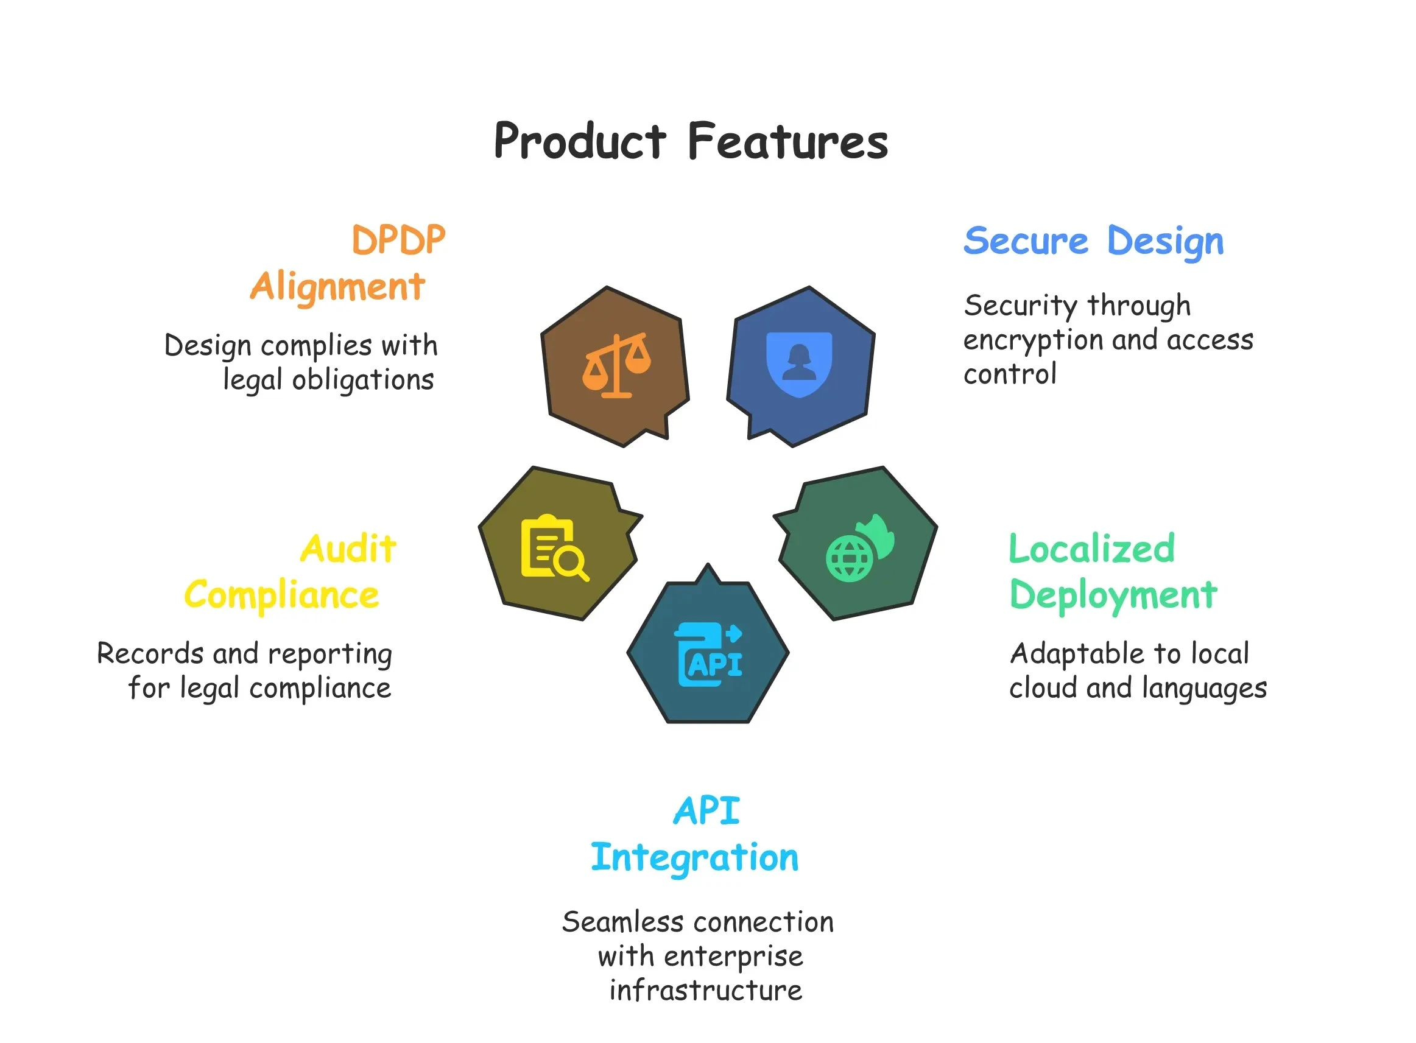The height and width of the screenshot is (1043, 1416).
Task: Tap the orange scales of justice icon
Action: (x=616, y=365)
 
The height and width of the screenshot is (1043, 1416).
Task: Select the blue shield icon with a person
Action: (x=798, y=364)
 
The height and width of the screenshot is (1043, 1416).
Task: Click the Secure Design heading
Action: (x=1093, y=242)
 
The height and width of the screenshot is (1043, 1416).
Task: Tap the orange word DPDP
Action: (x=398, y=240)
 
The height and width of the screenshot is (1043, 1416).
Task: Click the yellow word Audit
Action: (x=348, y=548)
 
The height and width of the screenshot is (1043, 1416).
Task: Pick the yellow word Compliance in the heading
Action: (x=282, y=595)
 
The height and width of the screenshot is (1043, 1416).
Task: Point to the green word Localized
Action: (x=1091, y=548)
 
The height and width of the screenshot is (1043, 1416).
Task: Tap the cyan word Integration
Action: (x=694, y=857)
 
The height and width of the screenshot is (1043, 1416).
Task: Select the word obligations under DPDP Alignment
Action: (x=363, y=381)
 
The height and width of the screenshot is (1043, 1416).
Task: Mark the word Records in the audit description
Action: (x=151, y=653)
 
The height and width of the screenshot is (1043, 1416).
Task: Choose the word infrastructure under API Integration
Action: (x=705, y=990)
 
